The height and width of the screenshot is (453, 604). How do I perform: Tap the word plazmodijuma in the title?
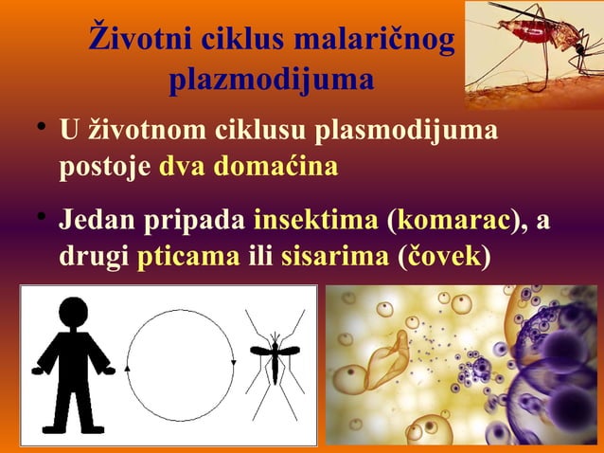tap(270, 82)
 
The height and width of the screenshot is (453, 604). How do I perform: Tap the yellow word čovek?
tap(445, 257)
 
